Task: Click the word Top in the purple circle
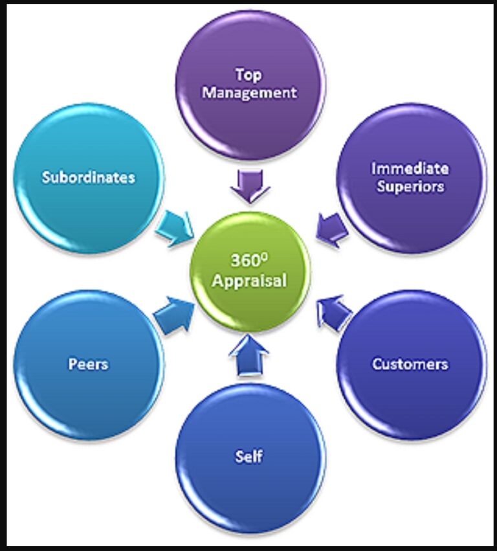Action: tap(249, 75)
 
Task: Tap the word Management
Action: tap(249, 93)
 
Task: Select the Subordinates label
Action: tap(89, 177)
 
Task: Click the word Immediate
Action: tap(410, 169)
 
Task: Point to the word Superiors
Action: tap(410, 186)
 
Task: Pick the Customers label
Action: tap(410, 364)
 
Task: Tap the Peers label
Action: tap(89, 364)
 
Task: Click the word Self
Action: tap(249, 456)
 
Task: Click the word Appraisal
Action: tap(250, 281)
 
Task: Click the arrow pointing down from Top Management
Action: tap(250, 185)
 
